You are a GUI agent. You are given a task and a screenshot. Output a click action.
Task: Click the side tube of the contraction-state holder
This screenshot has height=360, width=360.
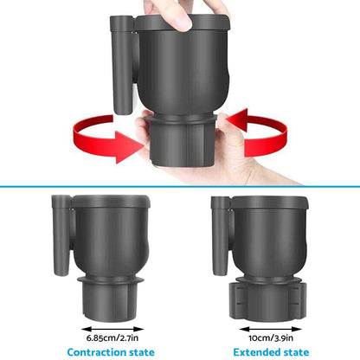(x=61, y=235)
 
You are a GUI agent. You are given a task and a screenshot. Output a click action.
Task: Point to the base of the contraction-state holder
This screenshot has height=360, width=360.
(x=107, y=299)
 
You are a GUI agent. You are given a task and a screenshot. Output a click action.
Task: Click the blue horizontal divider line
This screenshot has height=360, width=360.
(x=180, y=185)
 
